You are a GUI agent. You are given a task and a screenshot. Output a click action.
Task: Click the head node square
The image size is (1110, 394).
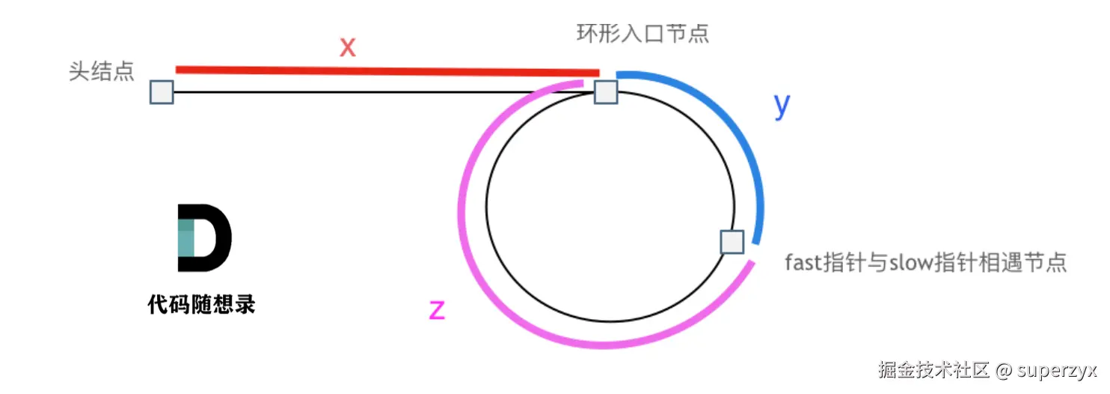coord(162,92)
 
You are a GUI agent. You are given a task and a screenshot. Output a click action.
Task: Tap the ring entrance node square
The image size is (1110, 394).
coord(605,92)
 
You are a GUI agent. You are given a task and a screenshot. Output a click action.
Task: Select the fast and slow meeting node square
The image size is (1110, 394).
coord(732,242)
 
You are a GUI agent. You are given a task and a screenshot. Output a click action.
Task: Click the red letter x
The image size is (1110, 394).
coord(347,47)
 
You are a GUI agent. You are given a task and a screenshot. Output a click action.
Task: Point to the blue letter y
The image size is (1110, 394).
coord(782,106)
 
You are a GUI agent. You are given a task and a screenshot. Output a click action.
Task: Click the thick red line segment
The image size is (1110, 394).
coord(387,71)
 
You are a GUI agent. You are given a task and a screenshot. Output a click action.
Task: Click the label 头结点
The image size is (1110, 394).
coord(102,72)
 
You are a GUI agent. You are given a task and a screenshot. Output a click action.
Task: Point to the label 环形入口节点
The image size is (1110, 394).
coord(643,34)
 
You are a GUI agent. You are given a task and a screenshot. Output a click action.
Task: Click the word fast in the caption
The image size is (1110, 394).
coord(802,263)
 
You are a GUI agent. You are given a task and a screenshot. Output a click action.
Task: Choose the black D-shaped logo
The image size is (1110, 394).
coord(204,237)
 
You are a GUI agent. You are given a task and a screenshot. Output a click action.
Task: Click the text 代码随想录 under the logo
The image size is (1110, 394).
coord(202,304)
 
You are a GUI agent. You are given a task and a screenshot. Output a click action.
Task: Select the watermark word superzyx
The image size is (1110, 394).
coord(1056,369)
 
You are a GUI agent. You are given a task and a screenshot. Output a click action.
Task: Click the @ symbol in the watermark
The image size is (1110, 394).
coord(1004,369)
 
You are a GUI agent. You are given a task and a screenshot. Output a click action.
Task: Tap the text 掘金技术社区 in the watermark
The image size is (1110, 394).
coord(934,369)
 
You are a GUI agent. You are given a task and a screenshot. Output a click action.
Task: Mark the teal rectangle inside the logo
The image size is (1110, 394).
coord(186,237)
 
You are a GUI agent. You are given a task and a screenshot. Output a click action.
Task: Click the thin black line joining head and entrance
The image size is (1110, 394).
coord(359,92)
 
